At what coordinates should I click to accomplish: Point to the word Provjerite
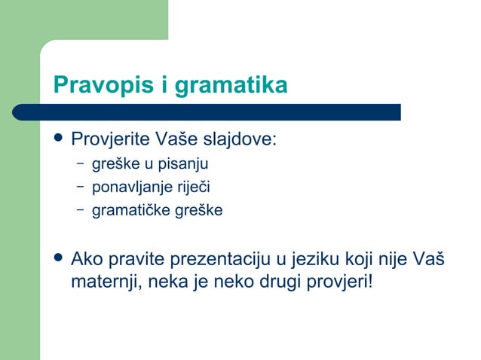click(x=111, y=140)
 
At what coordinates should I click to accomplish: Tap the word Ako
click(x=86, y=261)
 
